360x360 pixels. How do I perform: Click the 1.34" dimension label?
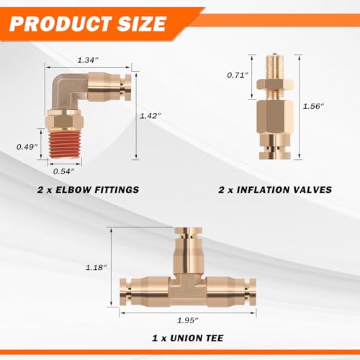(88, 60)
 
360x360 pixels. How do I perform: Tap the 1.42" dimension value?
(150, 116)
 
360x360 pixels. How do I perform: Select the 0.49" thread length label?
(27, 147)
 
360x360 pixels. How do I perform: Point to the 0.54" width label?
(63, 171)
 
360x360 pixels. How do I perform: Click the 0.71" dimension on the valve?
(238, 75)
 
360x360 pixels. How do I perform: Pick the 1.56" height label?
(313, 106)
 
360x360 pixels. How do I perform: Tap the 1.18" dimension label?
(96, 267)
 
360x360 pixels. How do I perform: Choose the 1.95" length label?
(188, 320)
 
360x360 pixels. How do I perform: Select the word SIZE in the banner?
(142, 24)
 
